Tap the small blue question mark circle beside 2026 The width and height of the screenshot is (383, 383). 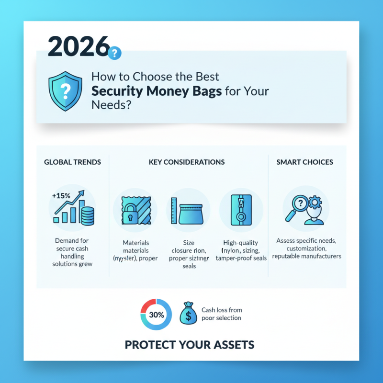115,53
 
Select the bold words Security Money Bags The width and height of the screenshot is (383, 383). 157,91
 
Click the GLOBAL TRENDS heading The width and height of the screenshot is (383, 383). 72,162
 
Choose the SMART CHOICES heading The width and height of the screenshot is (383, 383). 304,162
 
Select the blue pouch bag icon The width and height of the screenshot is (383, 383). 188,214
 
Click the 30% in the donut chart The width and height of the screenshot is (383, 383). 156,315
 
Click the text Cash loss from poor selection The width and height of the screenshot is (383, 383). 221,314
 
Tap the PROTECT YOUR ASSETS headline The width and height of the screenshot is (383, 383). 190,345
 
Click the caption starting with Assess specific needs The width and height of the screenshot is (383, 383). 306,248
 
